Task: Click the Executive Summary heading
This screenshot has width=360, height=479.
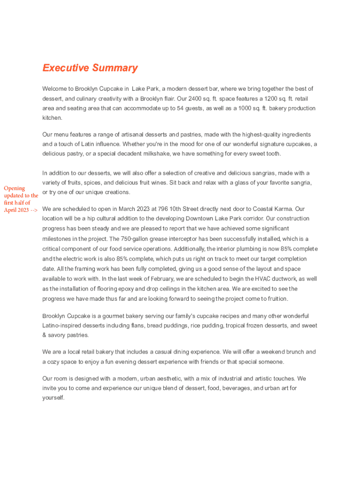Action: (x=90, y=68)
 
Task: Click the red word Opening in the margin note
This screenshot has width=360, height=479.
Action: (x=14, y=188)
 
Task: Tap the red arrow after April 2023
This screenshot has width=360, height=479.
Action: (x=34, y=210)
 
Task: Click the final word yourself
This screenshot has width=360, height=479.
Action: (x=53, y=398)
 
